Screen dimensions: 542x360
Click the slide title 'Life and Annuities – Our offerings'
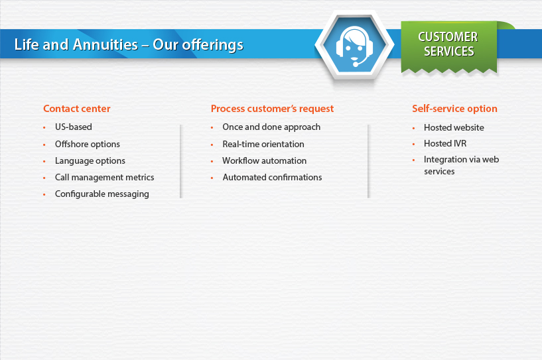(x=129, y=45)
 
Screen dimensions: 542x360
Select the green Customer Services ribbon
(x=449, y=46)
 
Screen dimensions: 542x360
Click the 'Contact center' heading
(x=77, y=109)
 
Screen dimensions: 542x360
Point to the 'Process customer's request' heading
(x=273, y=109)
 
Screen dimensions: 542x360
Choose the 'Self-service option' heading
(x=454, y=109)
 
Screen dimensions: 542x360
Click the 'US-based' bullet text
(x=74, y=127)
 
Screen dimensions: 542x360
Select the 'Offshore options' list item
(x=88, y=144)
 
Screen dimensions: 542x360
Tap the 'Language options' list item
(x=90, y=160)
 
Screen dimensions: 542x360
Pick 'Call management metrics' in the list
(x=105, y=177)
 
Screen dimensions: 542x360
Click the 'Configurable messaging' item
(x=102, y=194)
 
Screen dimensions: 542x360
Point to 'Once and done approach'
(x=271, y=127)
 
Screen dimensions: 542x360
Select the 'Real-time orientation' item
(x=263, y=144)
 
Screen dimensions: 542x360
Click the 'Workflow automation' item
(x=265, y=160)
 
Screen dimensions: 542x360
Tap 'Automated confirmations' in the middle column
(x=273, y=177)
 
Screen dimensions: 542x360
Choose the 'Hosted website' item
(x=454, y=127)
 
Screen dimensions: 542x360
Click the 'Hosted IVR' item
(x=445, y=143)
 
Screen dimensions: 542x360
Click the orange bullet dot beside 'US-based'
(x=44, y=128)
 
